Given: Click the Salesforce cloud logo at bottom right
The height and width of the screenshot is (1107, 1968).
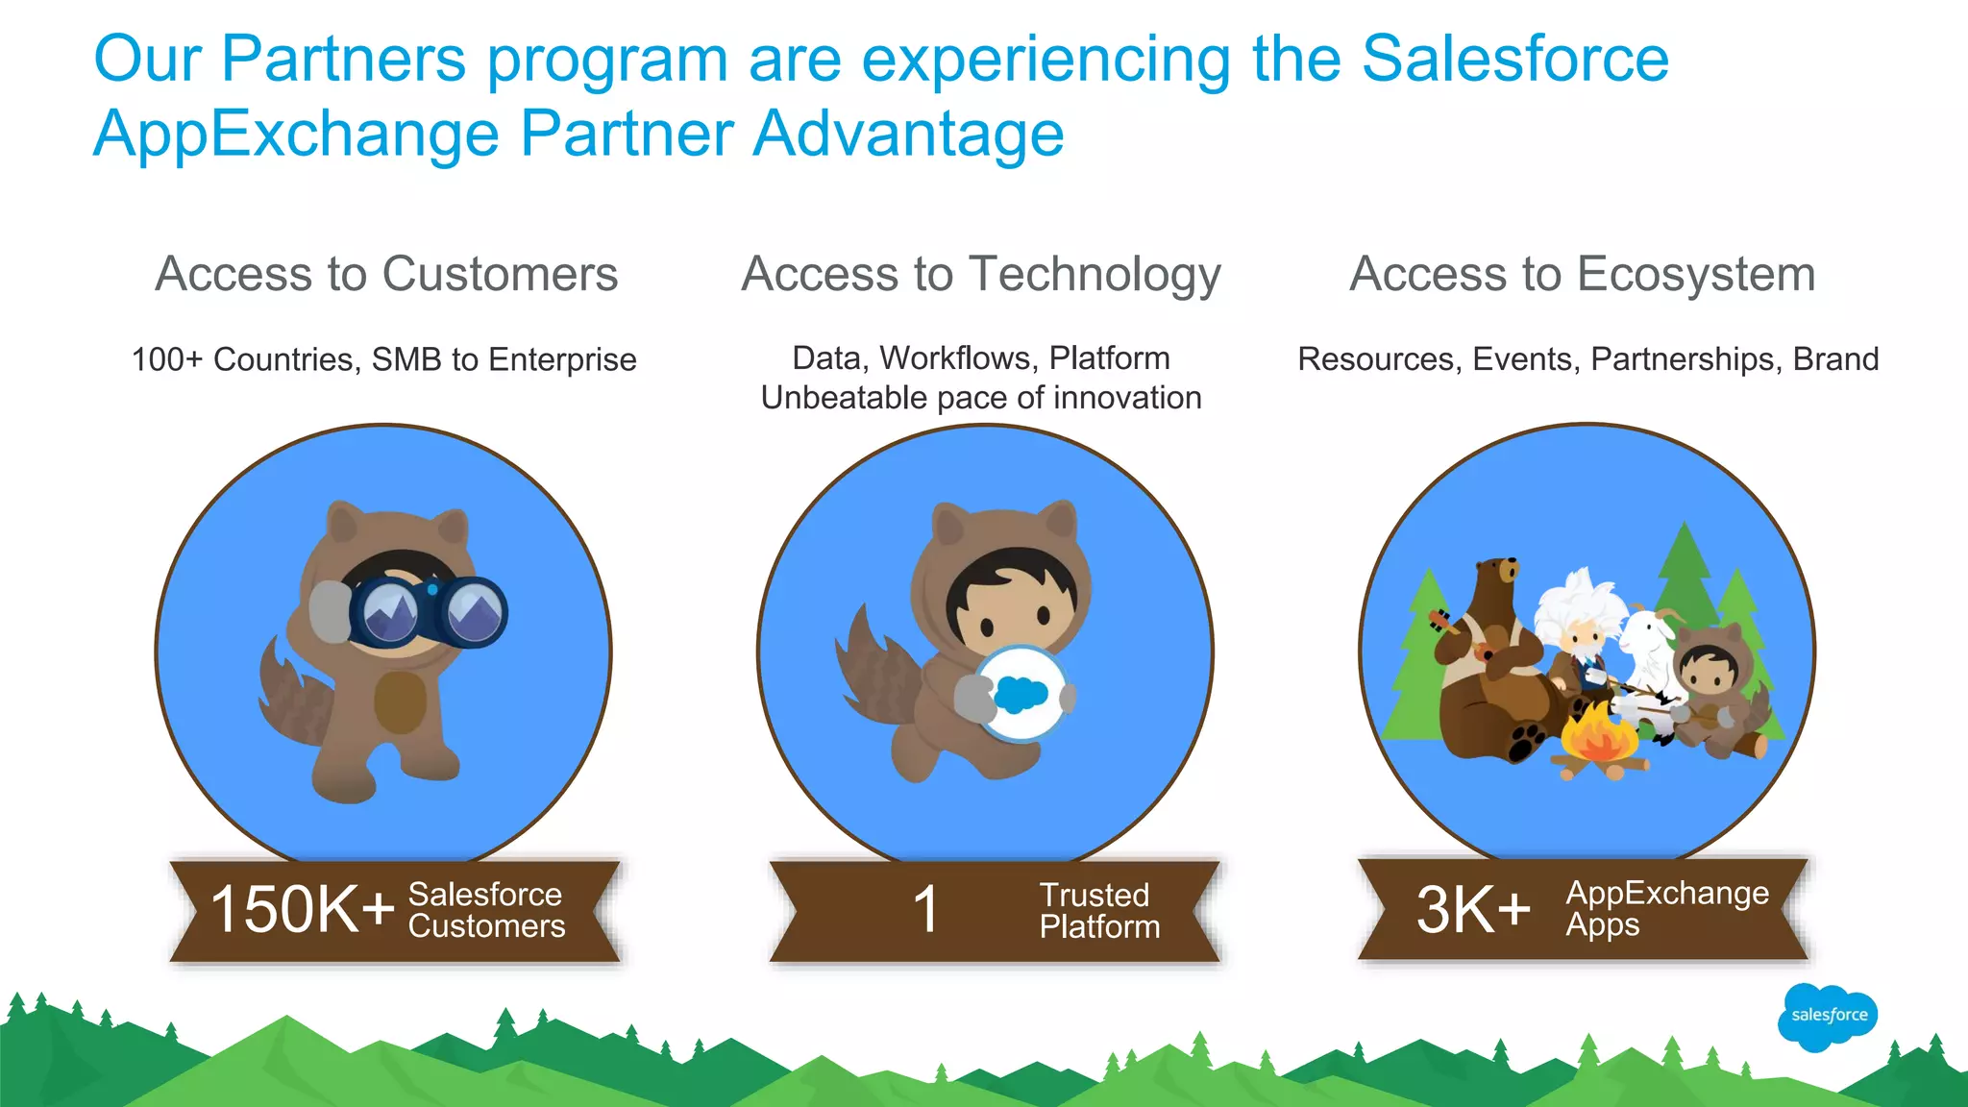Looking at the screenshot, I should [1828, 1017].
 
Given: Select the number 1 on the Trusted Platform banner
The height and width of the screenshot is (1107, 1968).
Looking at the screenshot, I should [925, 909].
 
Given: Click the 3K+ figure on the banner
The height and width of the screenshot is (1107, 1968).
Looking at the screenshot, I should [1472, 909].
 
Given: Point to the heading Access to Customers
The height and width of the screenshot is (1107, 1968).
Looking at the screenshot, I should [386, 274].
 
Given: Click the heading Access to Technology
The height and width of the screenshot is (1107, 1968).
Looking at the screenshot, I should [981, 275].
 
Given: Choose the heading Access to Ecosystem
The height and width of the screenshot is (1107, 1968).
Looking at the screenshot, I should [1583, 274].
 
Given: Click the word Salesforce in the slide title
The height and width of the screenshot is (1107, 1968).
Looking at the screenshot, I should [1514, 60].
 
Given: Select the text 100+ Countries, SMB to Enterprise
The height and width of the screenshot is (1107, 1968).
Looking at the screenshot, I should [383, 359].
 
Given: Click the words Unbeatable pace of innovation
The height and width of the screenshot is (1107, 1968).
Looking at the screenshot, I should [981, 398].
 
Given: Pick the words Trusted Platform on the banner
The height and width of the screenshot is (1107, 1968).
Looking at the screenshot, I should [1098, 910].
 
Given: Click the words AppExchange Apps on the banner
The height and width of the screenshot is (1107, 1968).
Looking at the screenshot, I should [1665, 908].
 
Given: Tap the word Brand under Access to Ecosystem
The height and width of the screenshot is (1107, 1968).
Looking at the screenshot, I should [1834, 359].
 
